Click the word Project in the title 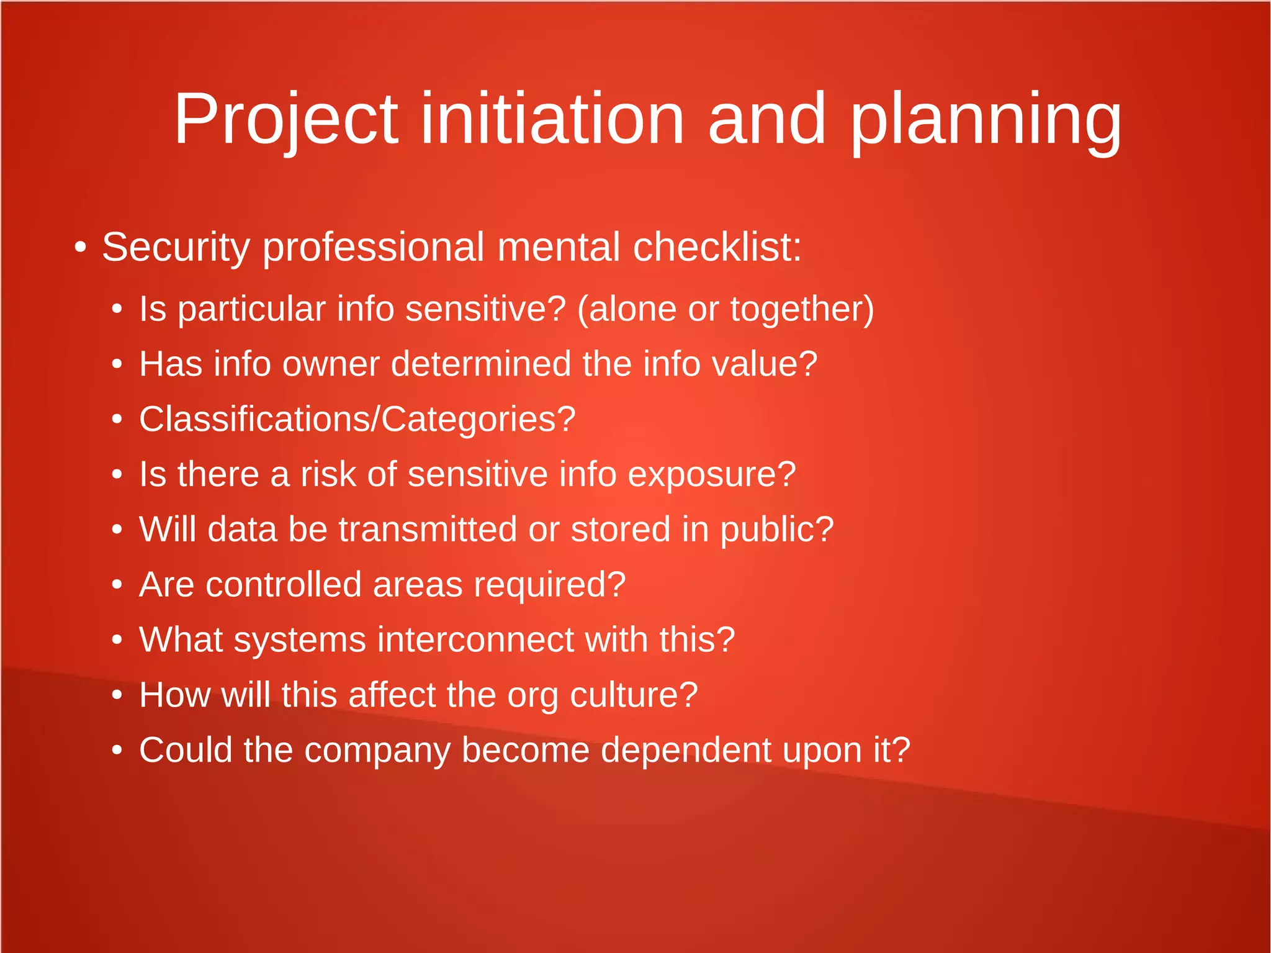[285, 119]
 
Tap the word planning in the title [986, 119]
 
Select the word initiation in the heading [552, 119]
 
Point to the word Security [175, 248]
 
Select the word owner [331, 364]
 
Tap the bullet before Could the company [117, 751]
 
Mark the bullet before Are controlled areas [117, 585]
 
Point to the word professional [373, 248]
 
